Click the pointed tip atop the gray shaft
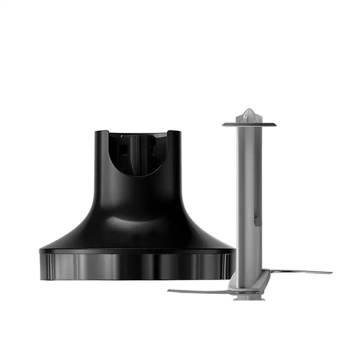(249, 111)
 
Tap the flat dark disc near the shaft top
(249, 124)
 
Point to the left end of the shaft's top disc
(224, 124)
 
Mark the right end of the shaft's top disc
(276, 124)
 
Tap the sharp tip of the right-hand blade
(331, 272)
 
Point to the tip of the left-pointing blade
(169, 291)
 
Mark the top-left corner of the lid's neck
(96, 132)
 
